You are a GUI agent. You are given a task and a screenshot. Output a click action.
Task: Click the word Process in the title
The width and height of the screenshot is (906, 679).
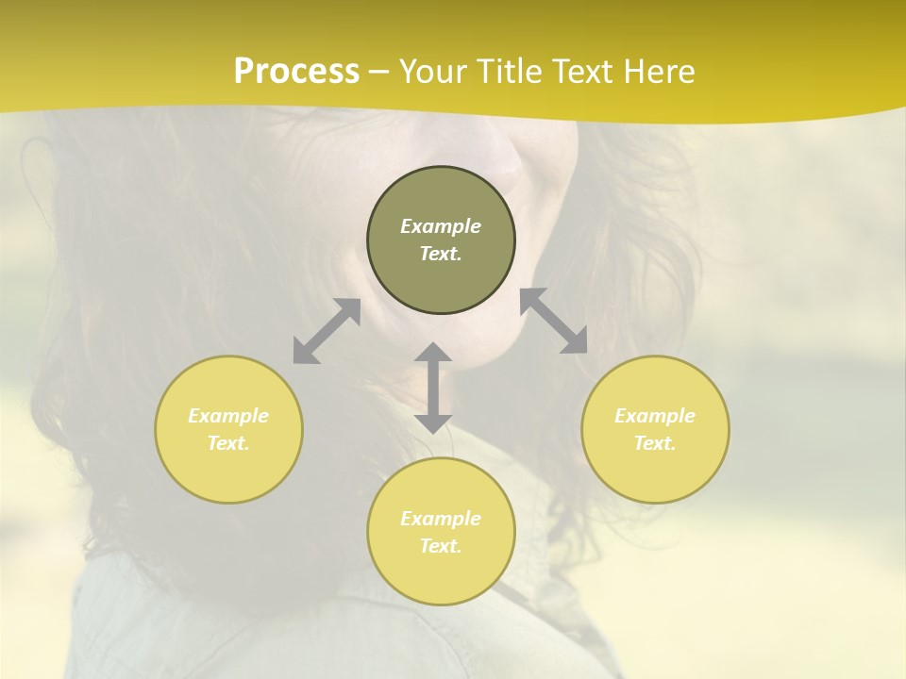[296, 72]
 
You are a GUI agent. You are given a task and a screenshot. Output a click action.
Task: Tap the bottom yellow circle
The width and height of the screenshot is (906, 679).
[441, 575]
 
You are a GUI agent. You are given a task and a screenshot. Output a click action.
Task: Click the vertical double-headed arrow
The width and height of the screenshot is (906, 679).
[433, 388]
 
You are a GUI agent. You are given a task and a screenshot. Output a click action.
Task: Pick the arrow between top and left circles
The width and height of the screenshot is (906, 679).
[327, 331]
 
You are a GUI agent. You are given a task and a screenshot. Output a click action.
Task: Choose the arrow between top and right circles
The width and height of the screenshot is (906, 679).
[554, 321]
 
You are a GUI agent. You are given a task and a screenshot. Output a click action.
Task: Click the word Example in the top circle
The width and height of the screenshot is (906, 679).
[441, 226]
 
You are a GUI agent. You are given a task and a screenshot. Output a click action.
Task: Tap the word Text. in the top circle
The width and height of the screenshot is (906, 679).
[441, 254]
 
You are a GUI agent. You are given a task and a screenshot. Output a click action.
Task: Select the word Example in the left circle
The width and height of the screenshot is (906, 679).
[228, 416]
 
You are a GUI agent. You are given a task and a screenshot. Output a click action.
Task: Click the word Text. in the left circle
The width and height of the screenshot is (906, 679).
[228, 443]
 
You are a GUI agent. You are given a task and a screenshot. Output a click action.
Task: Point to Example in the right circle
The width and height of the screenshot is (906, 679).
[655, 416]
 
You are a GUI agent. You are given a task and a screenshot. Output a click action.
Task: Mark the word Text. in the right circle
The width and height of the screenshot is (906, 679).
[655, 443]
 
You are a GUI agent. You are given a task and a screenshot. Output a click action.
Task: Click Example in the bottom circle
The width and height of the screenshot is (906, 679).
[441, 519]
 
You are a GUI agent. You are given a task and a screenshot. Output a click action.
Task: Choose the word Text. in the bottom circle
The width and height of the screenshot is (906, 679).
[441, 546]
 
